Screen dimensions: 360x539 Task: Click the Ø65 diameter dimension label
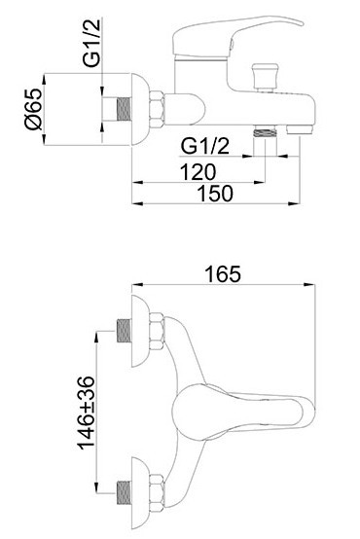(x=33, y=109)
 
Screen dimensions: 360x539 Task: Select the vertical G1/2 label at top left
(x=91, y=43)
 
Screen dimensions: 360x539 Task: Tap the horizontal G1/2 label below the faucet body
(x=205, y=146)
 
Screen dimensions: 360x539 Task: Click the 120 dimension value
(x=198, y=171)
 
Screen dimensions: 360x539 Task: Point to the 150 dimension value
(x=215, y=193)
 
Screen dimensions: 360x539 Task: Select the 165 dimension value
(x=223, y=274)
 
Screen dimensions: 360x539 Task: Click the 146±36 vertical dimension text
(x=86, y=413)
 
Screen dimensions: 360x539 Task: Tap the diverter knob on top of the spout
(x=265, y=76)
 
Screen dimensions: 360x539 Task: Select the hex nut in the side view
(x=157, y=109)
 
